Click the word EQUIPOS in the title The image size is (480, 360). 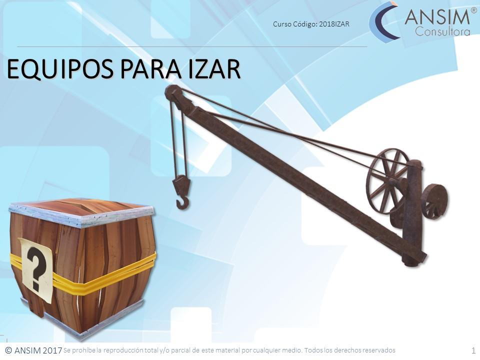pyautogui.click(x=60, y=70)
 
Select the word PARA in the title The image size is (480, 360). pyautogui.click(x=150, y=69)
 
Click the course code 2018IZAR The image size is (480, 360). pyautogui.click(x=334, y=24)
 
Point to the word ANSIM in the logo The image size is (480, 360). pyautogui.click(x=437, y=18)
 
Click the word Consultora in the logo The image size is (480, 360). pyautogui.click(x=442, y=32)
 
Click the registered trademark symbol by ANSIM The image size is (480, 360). pyautogui.click(x=473, y=10)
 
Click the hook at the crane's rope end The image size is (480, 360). pyautogui.click(x=183, y=202)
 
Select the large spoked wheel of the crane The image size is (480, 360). pyautogui.click(x=387, y=180)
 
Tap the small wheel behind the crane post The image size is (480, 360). pyautogui.click(x=434, y=201)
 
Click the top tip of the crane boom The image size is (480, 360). pyautogui.click(x=170, y=92)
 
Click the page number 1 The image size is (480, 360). pyautogui.click(x=473, y=350)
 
